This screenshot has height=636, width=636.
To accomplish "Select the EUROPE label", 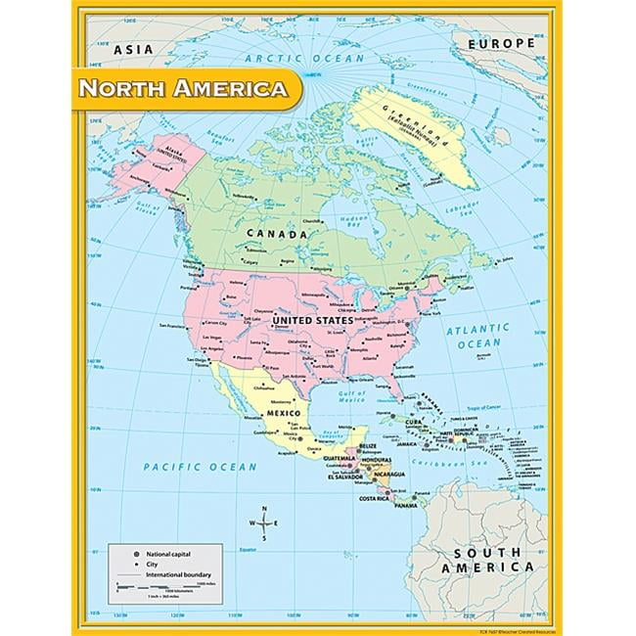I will [500, 44].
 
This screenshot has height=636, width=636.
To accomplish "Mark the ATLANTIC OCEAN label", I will [479, 338].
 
